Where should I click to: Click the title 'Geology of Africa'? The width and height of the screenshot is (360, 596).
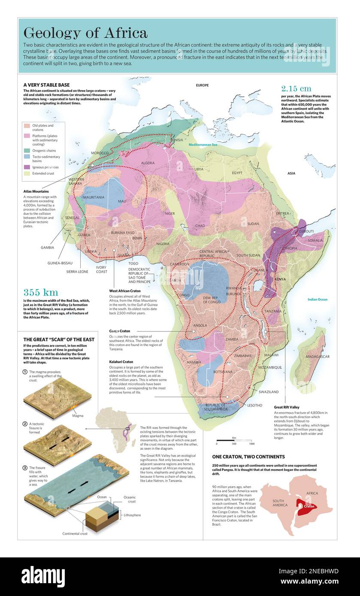tap(85, 33)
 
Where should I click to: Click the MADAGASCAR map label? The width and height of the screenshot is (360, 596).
tap(318, 357)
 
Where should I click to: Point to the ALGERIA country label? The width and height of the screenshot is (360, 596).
tap(148, 163)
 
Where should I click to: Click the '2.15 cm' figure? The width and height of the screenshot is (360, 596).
tap(296, 89)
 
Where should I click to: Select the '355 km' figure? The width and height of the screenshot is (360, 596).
tap(40, 292)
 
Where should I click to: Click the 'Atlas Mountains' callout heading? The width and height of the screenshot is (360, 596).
tap(36, 191)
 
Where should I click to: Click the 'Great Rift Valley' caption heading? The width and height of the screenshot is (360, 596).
tap(287, 407)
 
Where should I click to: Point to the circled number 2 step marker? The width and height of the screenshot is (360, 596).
tap(25, 424)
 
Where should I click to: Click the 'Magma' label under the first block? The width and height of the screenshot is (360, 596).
tap(78, 415)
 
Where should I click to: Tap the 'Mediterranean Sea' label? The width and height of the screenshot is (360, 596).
tap(203, 145)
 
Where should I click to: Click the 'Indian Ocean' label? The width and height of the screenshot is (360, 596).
tap(317, 299)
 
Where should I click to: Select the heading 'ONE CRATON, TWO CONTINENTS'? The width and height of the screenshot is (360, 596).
tap(248, 457)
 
